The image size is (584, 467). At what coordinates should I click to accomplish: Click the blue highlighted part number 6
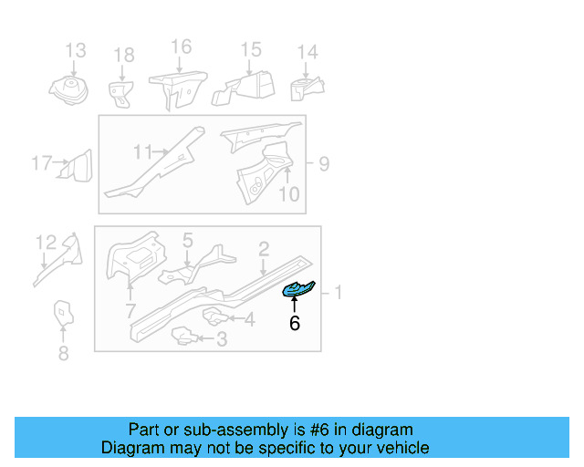click(298, 290)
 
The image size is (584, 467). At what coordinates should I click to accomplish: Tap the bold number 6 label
click(294, 323)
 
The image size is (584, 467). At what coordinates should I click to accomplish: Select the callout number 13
click(75, 50)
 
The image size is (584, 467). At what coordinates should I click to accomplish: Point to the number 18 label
click(123, 56)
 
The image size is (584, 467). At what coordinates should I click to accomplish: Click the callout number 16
click(181, 47)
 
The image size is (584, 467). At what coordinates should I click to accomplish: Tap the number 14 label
click(308, 52)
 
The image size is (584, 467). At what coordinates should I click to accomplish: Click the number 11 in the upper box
click(143, 150)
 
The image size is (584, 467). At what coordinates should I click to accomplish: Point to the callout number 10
click(288, 193)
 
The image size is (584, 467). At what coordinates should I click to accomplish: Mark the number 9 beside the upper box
click(323, 165)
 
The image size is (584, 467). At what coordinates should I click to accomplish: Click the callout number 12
click(46, 242)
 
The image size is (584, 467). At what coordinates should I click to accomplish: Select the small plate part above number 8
click(61, 312)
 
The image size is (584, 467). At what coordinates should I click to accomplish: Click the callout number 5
click(187, 241)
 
